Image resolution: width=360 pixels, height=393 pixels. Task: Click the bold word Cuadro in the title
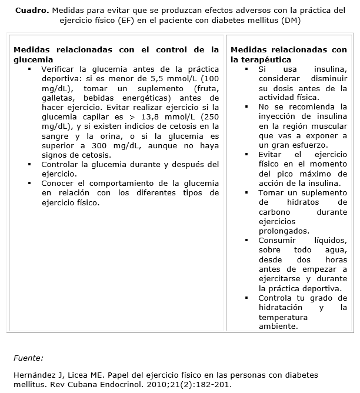click(x=31, y=10)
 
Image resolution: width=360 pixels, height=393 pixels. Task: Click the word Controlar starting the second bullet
click(x=61, y=164)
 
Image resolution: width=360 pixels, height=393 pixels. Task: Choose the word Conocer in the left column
click(x=58, y=183)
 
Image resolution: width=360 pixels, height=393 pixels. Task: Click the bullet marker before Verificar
click(x=29, y=69)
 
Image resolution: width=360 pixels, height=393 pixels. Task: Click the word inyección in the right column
click(x=276, y=116)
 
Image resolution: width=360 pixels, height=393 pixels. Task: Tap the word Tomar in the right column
click(x=271, y=192)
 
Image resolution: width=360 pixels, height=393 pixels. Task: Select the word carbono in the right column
click(x=275, y=212)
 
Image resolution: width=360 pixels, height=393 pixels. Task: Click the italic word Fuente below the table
click(x=28, y=357)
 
